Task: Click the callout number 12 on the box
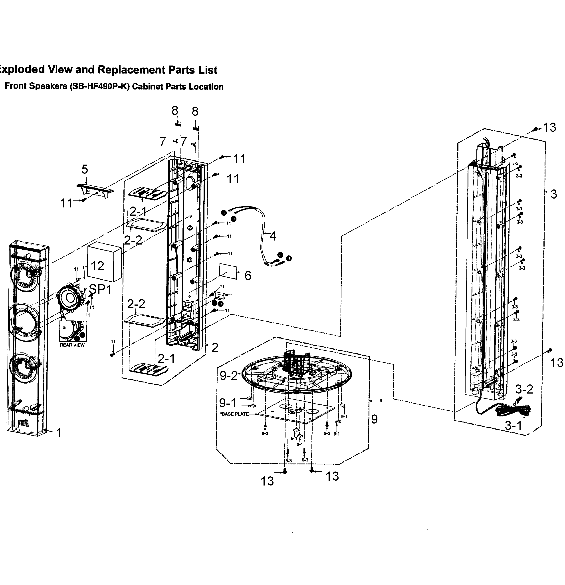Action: pos(97,266)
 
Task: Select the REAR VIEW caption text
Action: pos(72,345)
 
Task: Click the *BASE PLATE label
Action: pos(234,414)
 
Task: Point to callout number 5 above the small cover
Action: pos(85,169)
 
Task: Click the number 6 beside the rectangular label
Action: pos(248,275)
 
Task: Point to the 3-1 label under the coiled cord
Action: pos(513,426)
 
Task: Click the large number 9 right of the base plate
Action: pos(374,419)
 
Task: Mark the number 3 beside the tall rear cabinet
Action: pos(553,194)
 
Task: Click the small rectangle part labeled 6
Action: pos(228,271)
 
